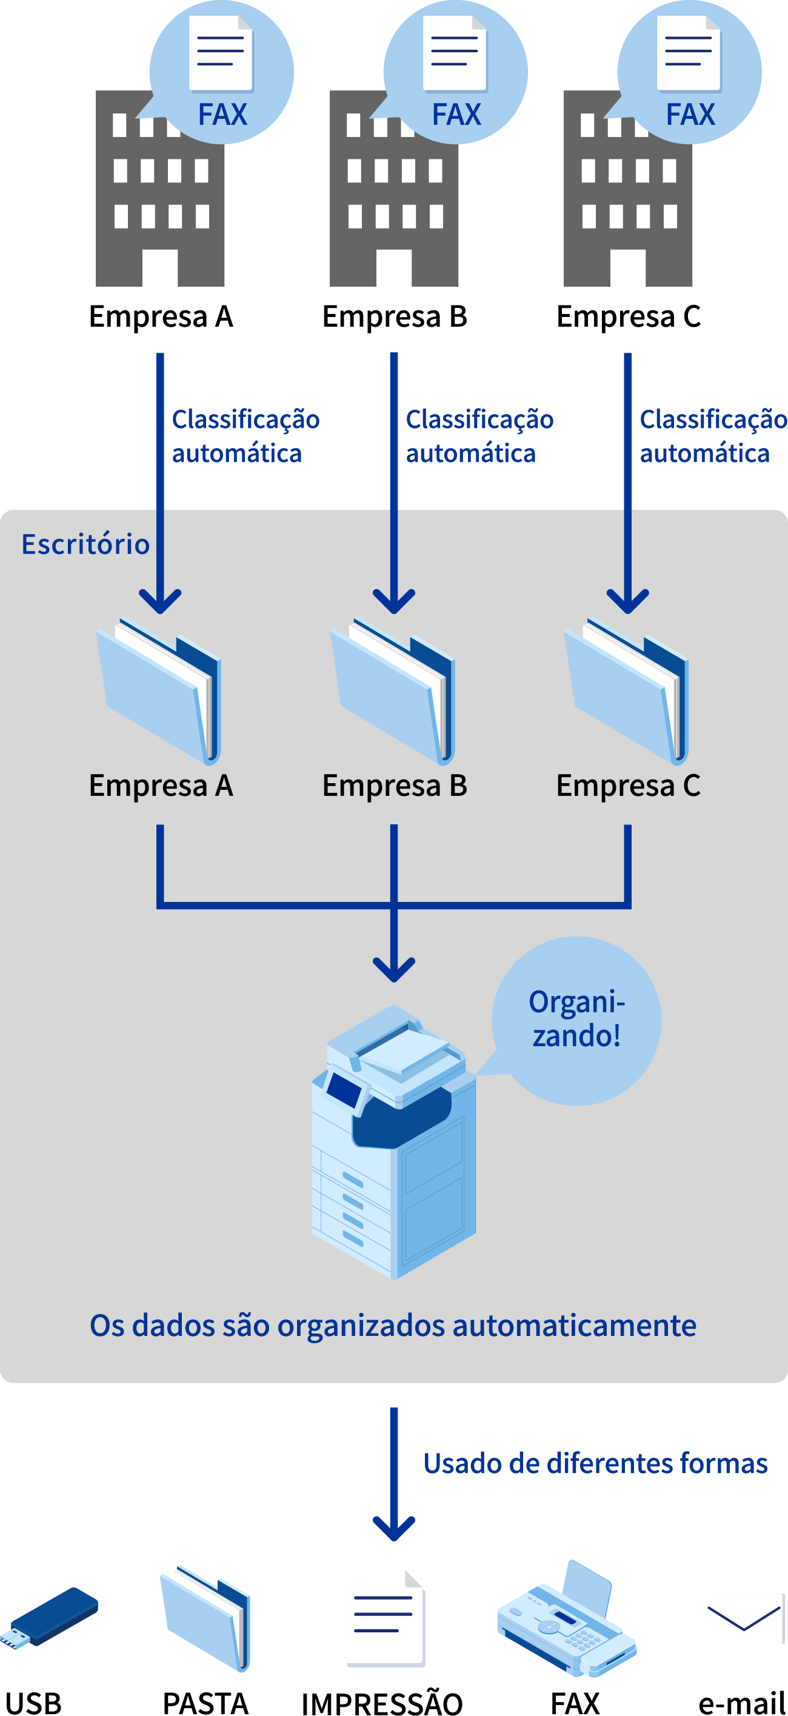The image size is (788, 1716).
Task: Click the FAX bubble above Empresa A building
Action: tap(222, 72)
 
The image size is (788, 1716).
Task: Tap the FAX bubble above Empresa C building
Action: tap(689, 72)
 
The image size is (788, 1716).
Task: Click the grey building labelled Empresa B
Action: tap(393, 200)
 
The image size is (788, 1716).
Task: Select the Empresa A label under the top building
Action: tap(161, 316)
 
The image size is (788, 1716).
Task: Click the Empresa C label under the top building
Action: tap(628, 316)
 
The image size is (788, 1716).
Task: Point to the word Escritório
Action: tap(85, 544)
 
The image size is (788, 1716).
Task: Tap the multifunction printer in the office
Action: tap(393, 1143)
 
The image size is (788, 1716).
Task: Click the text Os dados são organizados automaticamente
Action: tap(393, 1326)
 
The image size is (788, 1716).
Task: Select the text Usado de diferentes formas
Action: tap(595, 1463)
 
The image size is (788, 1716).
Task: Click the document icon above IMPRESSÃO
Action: tap(386, 1620)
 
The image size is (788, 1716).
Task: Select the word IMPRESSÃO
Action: tap(382, 1703)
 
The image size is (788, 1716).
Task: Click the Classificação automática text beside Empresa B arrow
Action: tap(479, 436)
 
